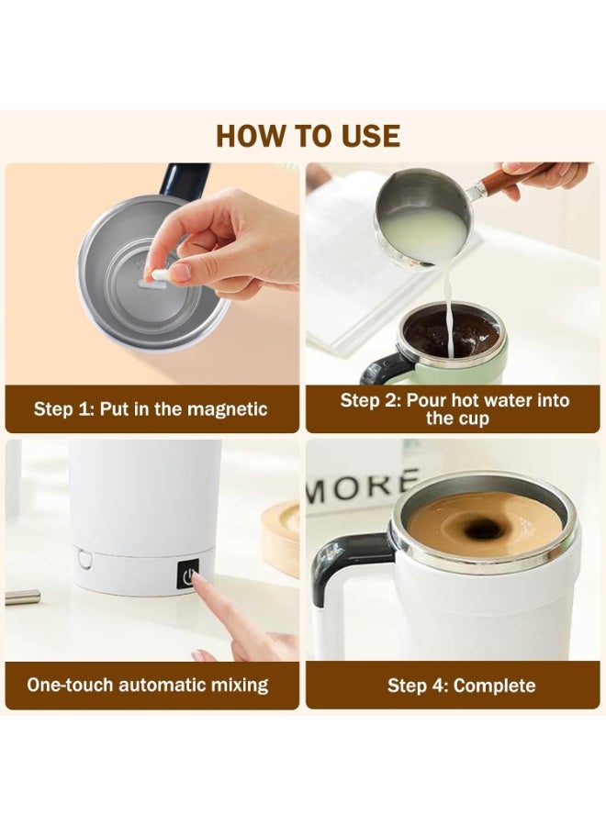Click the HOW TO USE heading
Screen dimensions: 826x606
308,136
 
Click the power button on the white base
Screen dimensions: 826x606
189,577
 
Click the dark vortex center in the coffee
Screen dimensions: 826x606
483,530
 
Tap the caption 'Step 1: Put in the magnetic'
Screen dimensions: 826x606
151,409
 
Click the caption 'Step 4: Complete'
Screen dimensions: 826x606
461,686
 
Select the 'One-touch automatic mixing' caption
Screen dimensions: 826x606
147,685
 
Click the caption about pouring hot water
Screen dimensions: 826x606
454,409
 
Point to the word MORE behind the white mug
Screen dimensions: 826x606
363,487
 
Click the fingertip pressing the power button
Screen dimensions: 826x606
199,583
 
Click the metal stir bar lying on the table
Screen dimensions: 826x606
22,597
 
